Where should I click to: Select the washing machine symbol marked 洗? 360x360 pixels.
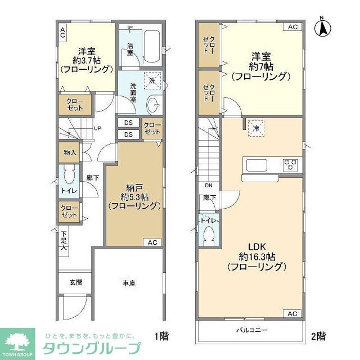tap(152, 80)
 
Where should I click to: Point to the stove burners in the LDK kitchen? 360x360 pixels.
tap(291, 165)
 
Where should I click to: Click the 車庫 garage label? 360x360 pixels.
tap(128, 283)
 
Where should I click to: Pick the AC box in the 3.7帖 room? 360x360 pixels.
tap(62, 32)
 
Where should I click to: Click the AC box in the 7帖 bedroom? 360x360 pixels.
tap(292, 27)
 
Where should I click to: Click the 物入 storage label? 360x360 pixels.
tap(70, 152)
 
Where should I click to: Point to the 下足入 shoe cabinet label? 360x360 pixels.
tap(64, 240)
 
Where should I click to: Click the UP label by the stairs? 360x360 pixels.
tap(97, 128)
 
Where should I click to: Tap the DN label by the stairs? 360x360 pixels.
tap(208, 186)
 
